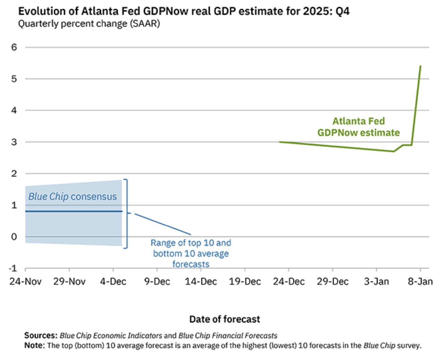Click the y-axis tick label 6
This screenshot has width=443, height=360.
click(14, 47)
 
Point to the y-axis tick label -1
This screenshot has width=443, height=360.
click(13, 268)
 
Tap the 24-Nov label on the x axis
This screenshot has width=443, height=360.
click(25, 281)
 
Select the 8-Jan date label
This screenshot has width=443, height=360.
click(420, 281)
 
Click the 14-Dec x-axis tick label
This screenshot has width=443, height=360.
click(201, 281)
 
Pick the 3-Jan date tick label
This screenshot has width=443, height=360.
click(376, 281)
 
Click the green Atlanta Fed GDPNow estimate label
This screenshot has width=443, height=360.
click(358, 127)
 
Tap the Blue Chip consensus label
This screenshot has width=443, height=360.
click(73, 197)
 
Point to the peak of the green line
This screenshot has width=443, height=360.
click(420, 66)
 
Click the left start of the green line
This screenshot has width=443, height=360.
click(280, 142)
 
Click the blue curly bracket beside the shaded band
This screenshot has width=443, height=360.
click(126, 214)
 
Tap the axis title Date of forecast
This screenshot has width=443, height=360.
click(224, 319)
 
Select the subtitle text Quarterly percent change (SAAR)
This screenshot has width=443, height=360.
click(89, 24)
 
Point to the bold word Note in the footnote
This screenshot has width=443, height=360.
click(34, 345)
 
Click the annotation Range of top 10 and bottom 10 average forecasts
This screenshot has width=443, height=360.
click(191, 253)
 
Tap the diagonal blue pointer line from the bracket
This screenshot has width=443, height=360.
click(162, 224)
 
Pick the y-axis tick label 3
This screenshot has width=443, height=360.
click(14, 142)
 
